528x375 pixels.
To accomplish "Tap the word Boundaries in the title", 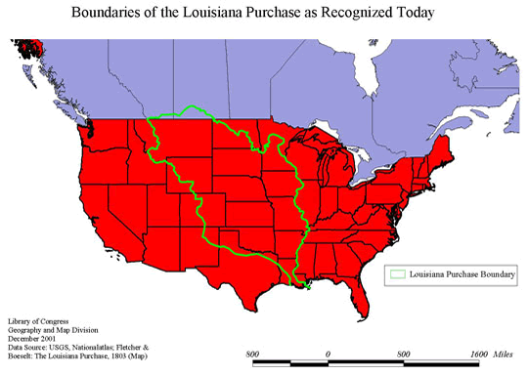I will [115, 14].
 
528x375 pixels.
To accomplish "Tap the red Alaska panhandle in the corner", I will [29, 49].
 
